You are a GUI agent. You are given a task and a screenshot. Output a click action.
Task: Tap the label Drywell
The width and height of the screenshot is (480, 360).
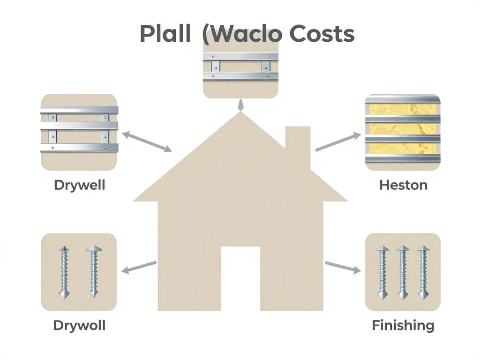(x=79, y=185)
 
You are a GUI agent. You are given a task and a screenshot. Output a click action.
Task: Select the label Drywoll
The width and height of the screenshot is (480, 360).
(x=79, y=325)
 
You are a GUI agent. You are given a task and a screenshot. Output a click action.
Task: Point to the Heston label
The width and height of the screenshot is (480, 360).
(x=403, y=185)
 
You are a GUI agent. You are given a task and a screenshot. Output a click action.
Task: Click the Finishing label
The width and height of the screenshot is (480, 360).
(x=403, y=325)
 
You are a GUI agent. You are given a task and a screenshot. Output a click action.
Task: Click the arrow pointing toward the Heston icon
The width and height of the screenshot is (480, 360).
(x=337, y=142)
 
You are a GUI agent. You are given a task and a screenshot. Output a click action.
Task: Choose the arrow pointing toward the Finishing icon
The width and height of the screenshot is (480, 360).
(x=343, y=266)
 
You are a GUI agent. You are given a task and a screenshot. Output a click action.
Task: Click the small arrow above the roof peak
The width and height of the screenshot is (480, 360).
(x=240, y=105)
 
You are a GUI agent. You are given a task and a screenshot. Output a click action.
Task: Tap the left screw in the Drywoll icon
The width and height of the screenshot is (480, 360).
(x=64, y=272)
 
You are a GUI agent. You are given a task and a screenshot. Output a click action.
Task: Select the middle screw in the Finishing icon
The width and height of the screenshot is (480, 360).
(x=403, y=272)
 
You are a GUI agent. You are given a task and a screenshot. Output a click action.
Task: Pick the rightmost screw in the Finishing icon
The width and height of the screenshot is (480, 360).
(x=423, y=272)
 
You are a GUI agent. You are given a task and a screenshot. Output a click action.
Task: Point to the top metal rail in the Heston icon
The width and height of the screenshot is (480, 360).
(x=403, y=99)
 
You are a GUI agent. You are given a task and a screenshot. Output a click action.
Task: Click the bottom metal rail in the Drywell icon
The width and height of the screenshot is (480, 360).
(x=79, y=148)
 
